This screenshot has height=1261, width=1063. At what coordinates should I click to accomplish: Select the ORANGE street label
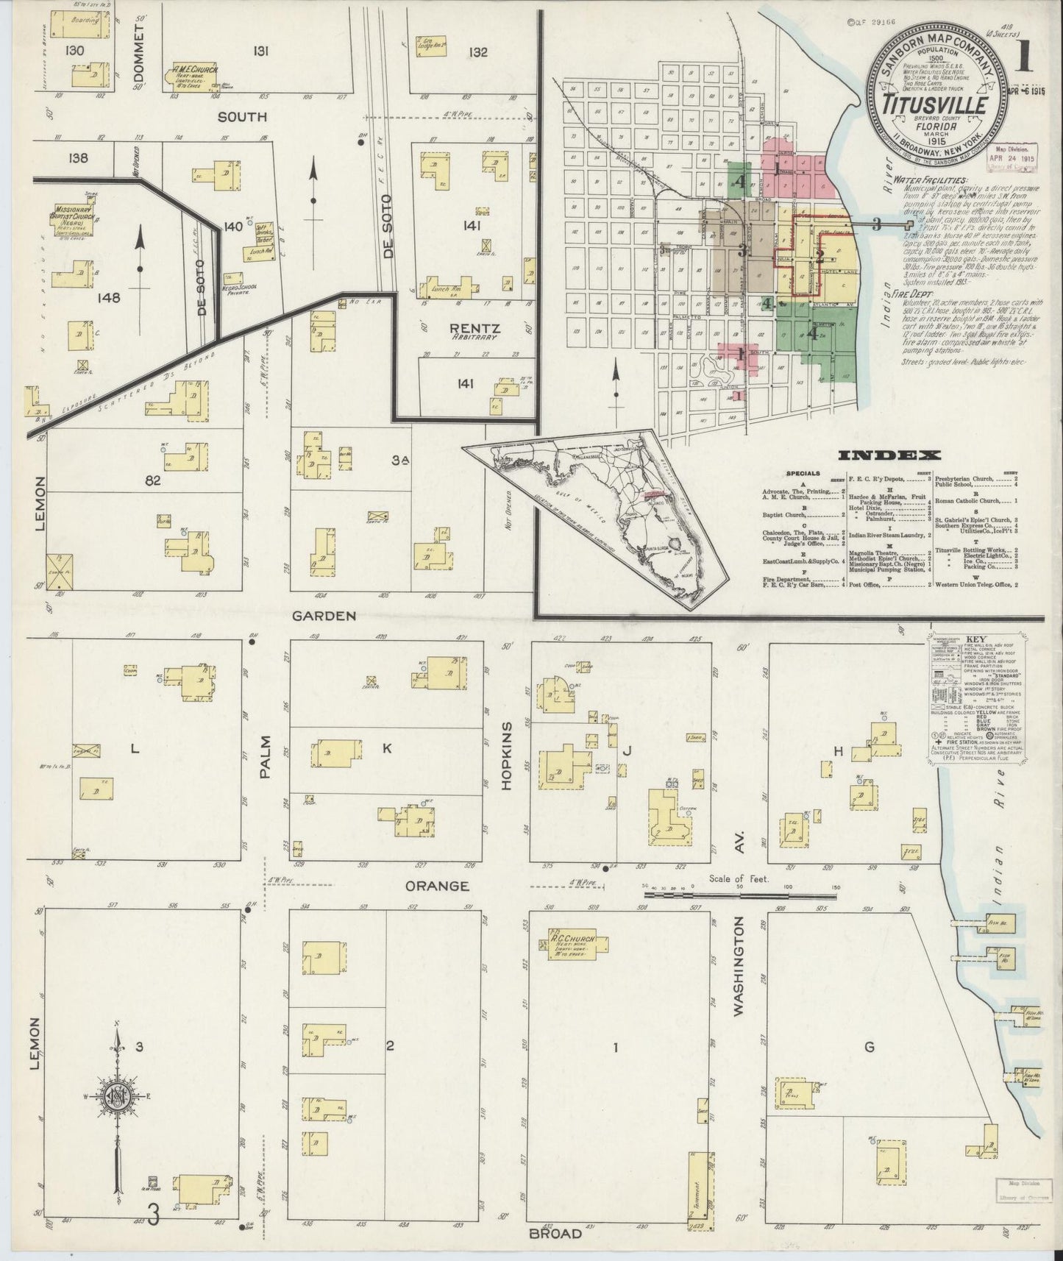coord(437,886)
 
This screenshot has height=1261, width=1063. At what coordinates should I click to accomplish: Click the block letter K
coord(386,748)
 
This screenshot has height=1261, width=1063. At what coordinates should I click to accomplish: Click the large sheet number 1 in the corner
coord(1023,57)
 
